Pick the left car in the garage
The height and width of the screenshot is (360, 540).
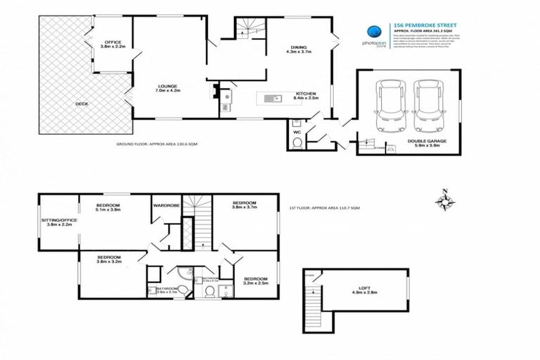390,107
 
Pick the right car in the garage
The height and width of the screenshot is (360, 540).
427,107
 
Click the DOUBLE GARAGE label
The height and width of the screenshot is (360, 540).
426,143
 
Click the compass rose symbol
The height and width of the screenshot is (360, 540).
444,201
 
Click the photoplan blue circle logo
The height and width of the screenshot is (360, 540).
376,32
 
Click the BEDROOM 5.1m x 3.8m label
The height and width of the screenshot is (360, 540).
109,207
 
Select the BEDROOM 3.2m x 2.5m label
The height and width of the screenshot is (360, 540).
255,281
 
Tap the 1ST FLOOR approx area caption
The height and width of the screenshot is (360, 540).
324,208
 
